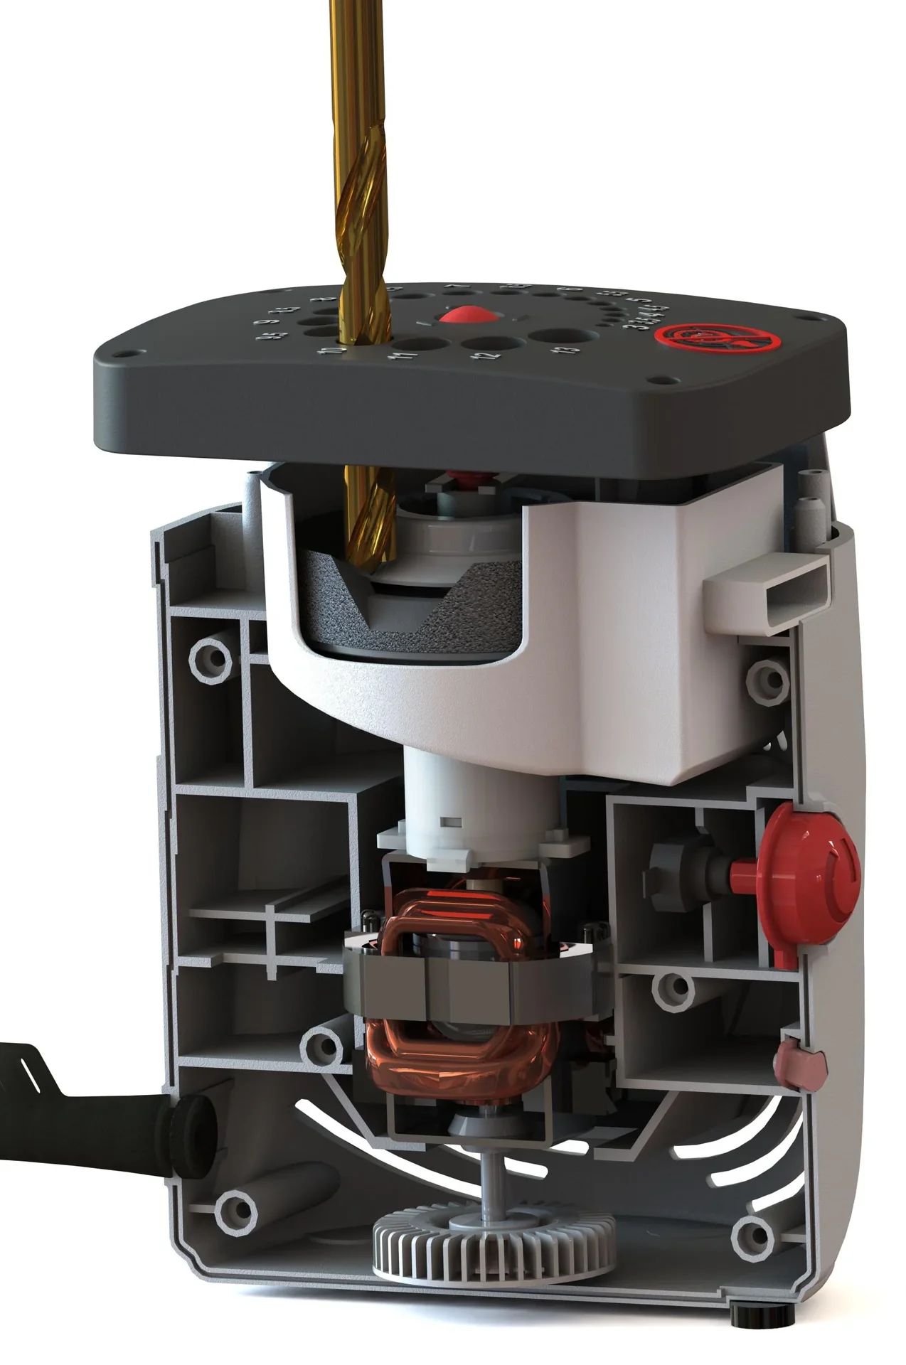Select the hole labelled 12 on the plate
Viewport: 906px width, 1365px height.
[x=485, y=343]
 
